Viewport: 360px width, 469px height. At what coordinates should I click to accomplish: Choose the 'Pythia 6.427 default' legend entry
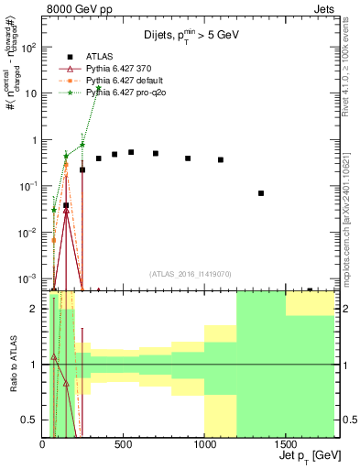tap(127, 82)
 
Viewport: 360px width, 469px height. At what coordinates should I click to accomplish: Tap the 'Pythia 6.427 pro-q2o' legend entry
tap(129, 93)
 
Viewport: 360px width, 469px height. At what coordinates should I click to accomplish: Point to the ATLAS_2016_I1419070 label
tap(190, 272)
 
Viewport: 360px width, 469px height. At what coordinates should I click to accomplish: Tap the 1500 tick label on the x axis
tap(286, 443)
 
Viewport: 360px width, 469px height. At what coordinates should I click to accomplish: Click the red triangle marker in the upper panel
tap(66, 210)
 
